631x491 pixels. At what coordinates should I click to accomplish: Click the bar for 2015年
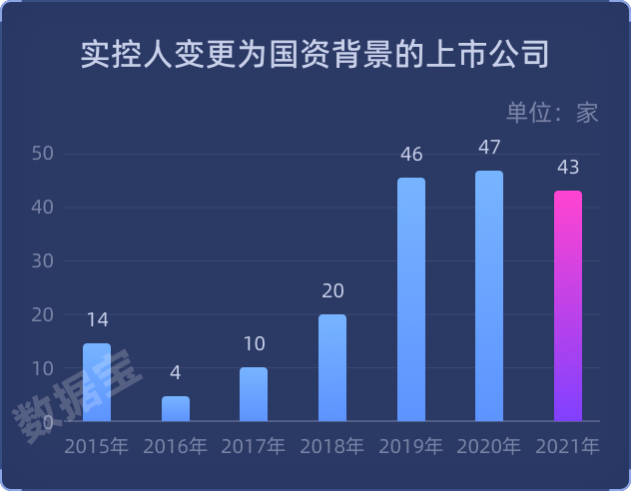coord(97,382)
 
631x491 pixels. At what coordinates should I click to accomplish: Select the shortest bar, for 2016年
coord(176,409)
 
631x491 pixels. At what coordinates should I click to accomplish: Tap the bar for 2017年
coord(254,394)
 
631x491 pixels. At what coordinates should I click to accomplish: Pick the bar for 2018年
coord(332,367)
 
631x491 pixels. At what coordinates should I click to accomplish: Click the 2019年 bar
coord(411,299)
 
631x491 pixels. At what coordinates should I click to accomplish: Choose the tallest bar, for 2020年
coord(489,296)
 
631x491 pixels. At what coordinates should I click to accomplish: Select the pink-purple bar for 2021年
coord(568,305)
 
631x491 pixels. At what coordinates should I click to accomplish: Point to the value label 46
coord(411,155)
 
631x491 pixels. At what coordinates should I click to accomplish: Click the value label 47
coord(489,148)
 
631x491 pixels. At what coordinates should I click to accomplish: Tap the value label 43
coord(568,167)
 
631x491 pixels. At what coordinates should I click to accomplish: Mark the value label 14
coord(97,320)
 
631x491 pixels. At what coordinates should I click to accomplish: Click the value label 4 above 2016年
coord(176,373)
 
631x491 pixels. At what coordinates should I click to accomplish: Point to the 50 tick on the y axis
coord(42,154)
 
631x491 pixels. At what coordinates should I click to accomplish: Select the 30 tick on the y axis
coord(42,261)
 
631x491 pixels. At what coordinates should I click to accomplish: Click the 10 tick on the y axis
coord(42,368)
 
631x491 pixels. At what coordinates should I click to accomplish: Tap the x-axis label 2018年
coord(332,446)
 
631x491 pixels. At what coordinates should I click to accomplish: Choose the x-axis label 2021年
coord(568,446)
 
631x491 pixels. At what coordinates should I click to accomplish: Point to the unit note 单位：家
coord(552,112)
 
